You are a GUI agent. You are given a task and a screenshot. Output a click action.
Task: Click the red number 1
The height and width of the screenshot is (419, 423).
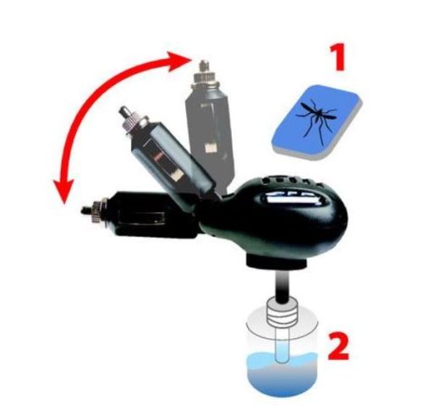click(x=338, y=57)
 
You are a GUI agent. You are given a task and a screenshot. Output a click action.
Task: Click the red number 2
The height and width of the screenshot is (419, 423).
click(x=338, y=346)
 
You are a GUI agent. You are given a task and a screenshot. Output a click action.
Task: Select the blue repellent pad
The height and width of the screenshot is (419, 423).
click(x=316, y=122)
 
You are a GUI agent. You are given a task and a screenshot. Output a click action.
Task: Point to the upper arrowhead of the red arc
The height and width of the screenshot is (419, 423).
click(x=179, y=61)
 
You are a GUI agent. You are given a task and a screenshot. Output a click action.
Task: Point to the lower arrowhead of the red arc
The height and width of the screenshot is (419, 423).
click(x=63, y=191)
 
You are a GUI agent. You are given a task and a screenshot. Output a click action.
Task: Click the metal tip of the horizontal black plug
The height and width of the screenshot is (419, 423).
click(x=85, y=210)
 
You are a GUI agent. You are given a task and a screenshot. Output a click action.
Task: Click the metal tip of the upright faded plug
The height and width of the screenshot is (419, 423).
click(x=203, y=67)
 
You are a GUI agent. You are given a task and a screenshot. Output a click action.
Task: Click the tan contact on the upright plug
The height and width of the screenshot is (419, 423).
click(x=209, y=148)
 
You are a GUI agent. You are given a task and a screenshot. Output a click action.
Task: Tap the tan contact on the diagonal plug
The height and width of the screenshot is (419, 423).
click(x=177, y=175)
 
